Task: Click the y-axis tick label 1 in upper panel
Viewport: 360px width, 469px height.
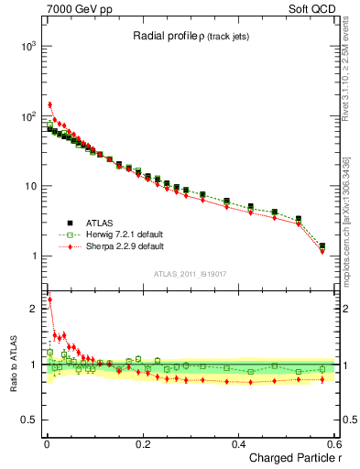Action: click(x=33, y=256)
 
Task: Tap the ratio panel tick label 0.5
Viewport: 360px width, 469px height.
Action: click(x=28, y=420)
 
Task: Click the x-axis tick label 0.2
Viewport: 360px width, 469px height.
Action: click(x=142, y=443)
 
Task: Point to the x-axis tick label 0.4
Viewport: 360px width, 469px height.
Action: click(x=238, y=443)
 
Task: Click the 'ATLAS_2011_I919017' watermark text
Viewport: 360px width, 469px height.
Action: click(x=191, y=273)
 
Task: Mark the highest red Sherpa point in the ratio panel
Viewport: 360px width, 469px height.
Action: click(x=49, y=299)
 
